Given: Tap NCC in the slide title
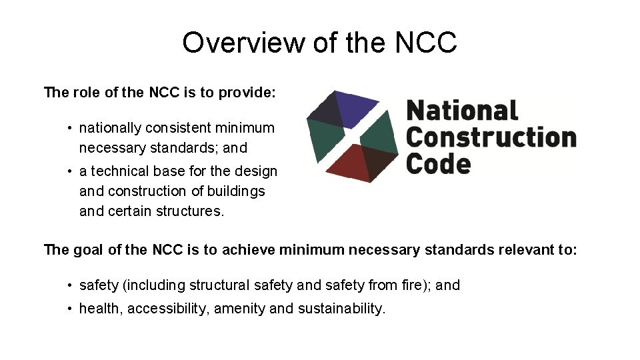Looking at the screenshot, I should click(x=426, y=43).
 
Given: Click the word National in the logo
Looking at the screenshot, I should click(x=462, y=111).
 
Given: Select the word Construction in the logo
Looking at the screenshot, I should click(x=491, y=137).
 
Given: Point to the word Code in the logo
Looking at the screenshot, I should click(x=438, y=163).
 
